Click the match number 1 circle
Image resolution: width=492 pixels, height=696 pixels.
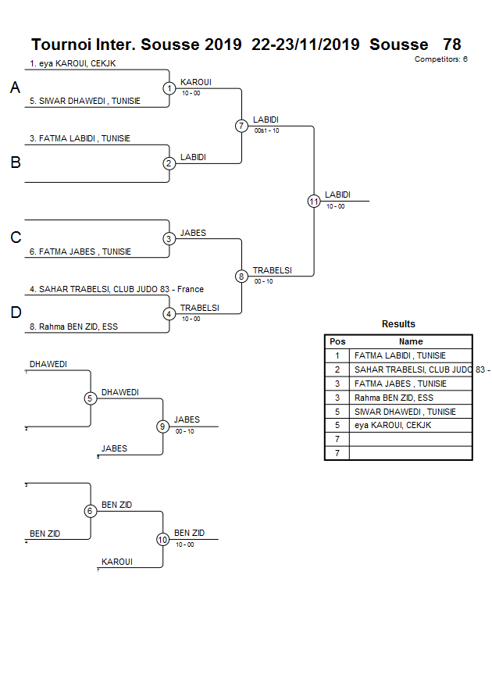(169, 88)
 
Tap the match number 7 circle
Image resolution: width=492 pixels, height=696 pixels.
(241, 126)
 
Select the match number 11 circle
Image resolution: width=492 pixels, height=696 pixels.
(314, 201)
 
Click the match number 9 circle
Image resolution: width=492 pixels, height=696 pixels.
(163, 427)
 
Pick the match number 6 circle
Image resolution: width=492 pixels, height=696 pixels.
(91, 511)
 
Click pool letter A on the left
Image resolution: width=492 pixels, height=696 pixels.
(15, 88)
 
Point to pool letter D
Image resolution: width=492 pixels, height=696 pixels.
(15, 313)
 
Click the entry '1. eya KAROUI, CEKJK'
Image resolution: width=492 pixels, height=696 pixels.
(73, 63)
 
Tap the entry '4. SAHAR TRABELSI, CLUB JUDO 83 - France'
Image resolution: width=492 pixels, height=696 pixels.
(116, 289)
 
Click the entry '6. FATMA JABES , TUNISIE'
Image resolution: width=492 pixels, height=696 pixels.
(80, 252)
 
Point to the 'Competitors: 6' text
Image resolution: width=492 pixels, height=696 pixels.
(441, 59)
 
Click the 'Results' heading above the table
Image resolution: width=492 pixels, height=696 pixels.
(398, 324)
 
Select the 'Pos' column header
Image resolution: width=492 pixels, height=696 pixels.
(337, 341)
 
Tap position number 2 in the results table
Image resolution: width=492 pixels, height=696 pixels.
(337, 369)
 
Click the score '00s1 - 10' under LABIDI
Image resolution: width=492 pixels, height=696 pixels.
(266, 130)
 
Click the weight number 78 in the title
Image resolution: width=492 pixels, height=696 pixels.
(451, 45)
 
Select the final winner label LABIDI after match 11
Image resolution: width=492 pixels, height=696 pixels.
(337, 195)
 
